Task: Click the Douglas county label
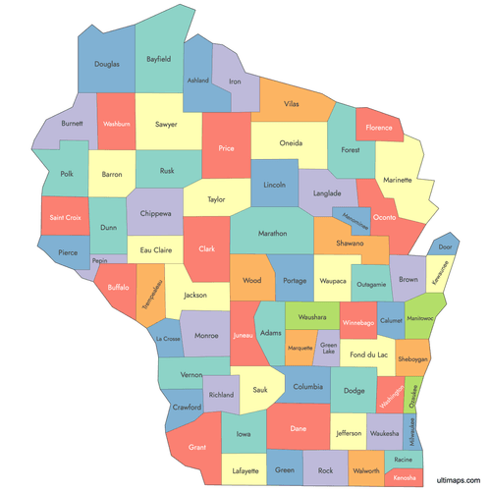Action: (107, 64)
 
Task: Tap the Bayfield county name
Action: (159, 59)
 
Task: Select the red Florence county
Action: (379, 128)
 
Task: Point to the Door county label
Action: (446, 246)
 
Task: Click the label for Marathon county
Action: (272, 234)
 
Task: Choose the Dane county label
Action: (299, 428)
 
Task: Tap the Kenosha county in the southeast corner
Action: (405, 477)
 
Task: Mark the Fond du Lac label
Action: (368, 355)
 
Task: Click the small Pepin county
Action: (98, 262)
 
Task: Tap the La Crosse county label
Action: (167, 340)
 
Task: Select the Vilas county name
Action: (292, 103)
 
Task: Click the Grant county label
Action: (197, 447)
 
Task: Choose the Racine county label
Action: (403, 459)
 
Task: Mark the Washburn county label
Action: (117, 125)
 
